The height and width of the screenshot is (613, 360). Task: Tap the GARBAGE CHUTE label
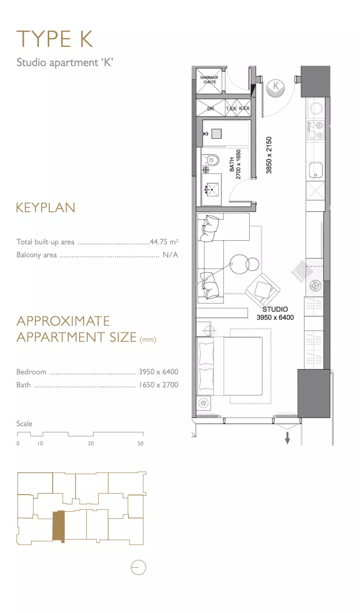[209, 80]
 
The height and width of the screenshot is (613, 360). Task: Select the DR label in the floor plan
[210, 109]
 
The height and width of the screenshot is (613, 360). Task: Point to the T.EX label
[231, 109]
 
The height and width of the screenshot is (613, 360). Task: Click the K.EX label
[244, 109]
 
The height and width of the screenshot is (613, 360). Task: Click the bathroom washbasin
[212, 189]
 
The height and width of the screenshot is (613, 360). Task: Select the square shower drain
[216, 134]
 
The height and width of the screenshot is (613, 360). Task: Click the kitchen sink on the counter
[316, 170]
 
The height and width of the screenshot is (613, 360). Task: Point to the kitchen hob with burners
[315, 130]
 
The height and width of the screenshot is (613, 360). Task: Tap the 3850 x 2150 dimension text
[269, 155]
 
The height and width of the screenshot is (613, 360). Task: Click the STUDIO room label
[275, 309]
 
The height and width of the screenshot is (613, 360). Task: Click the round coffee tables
[244, 265]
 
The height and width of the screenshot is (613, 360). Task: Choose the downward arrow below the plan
[287, 438]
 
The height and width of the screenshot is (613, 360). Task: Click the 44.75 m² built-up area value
[164, 242]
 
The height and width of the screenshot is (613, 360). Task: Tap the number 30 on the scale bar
[91, 444]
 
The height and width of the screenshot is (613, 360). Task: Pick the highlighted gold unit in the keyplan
[59, 526]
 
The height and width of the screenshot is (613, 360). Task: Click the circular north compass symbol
[138, 567]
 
